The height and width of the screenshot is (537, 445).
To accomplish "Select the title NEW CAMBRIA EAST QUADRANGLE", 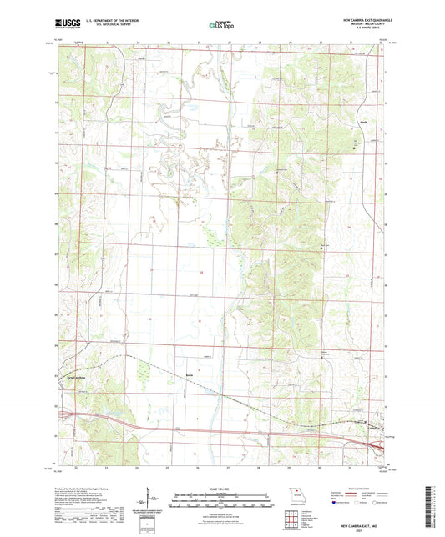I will (353, 18).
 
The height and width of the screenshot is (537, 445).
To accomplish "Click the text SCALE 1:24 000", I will (223, 489).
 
